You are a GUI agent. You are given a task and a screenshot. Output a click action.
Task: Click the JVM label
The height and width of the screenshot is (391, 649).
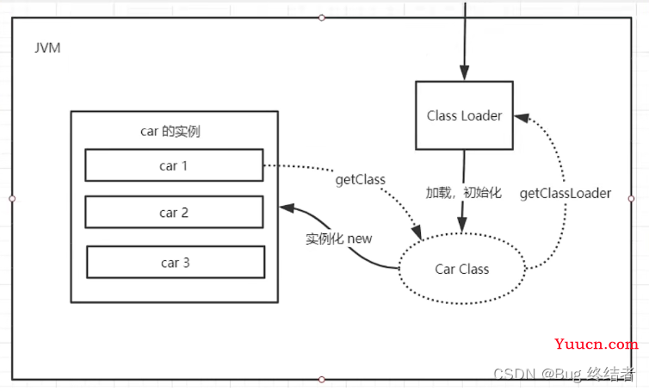coord(48,48)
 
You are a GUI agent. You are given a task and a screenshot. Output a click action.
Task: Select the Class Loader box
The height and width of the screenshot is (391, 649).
coord(464,115)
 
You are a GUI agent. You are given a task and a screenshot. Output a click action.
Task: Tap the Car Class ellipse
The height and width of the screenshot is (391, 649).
coord(461,269)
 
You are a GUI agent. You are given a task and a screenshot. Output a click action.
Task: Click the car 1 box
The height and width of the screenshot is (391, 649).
coord(174,165)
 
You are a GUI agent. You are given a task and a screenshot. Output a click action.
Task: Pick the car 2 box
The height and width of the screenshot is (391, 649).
coord(174,212)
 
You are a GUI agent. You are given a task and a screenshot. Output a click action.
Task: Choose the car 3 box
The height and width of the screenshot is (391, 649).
coord(175,263)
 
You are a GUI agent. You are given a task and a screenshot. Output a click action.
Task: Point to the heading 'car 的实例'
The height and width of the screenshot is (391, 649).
coord(170,132)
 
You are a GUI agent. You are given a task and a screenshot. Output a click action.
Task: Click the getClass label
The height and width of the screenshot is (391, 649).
coord(359,179)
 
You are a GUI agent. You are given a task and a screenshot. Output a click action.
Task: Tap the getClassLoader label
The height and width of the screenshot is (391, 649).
coord(566,194)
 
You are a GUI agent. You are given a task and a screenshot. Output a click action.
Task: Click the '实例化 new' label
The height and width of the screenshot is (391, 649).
coord(339,239)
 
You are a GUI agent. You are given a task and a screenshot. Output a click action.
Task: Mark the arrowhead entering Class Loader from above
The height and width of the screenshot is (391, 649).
coord(464,75)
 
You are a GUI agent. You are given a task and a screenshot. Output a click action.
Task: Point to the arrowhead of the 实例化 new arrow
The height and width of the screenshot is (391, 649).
coord(285,209)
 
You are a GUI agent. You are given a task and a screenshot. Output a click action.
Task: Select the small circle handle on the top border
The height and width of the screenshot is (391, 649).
coord(322,17)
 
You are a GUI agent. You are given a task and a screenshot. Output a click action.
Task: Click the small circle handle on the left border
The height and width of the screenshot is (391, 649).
coord(12,198)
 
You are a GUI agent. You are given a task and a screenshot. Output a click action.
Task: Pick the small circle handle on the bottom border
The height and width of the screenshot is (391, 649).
coord(322,379)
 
